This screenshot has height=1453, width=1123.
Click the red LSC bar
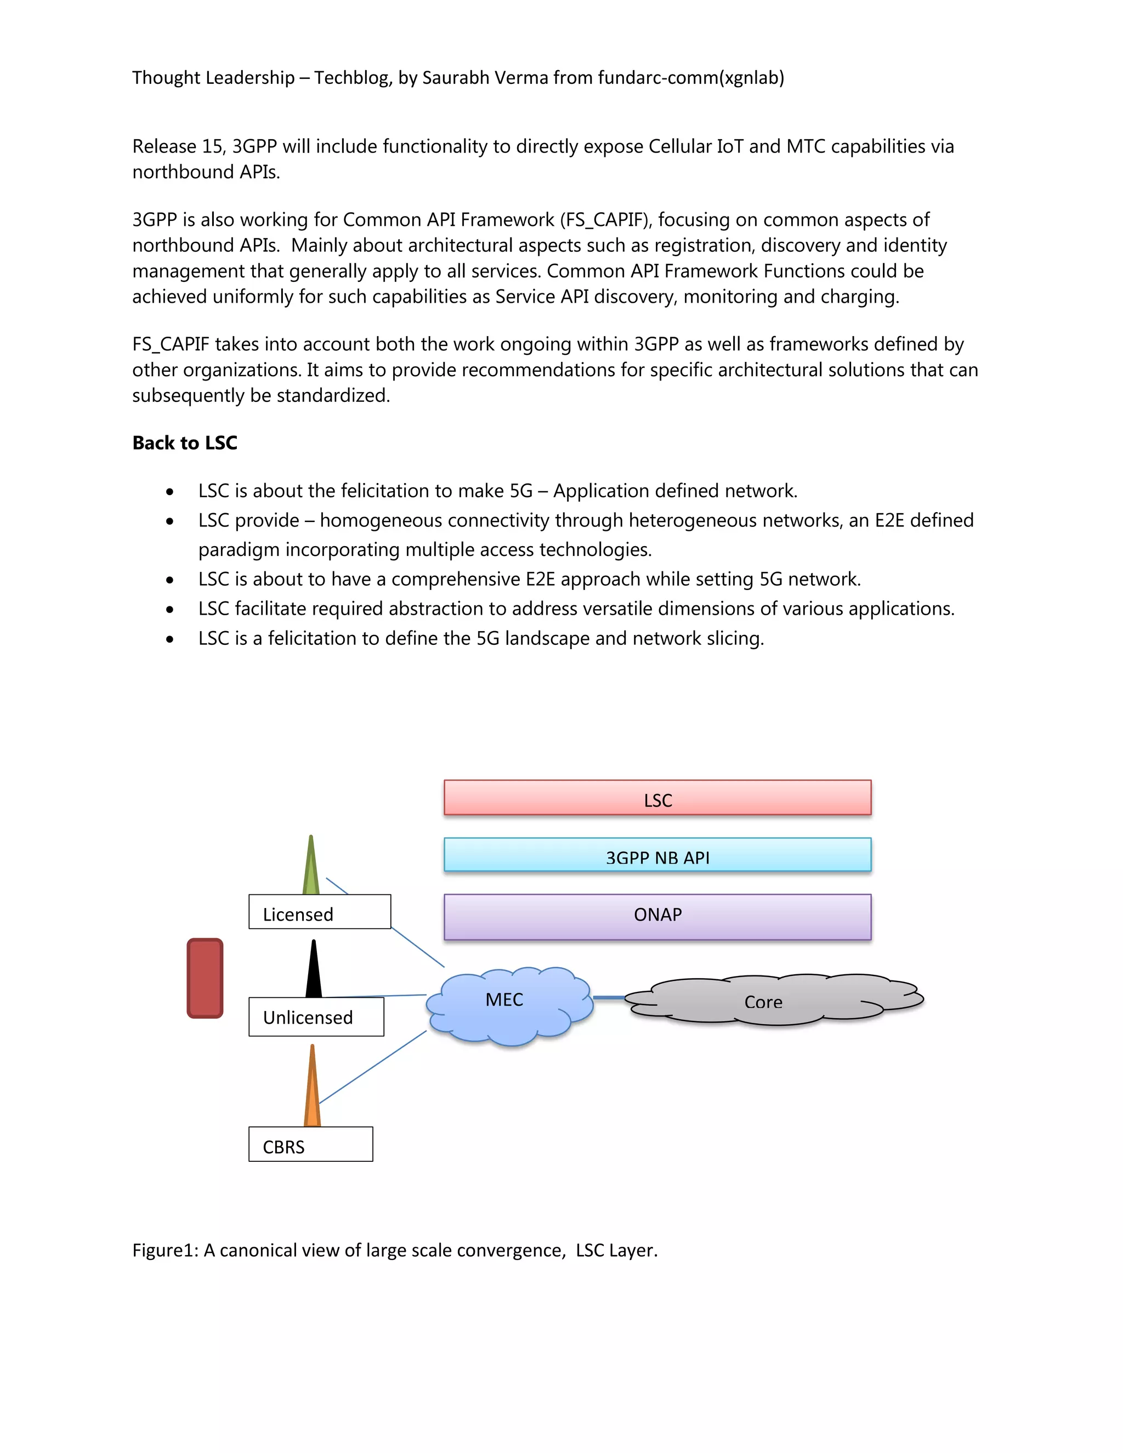click(657, 797)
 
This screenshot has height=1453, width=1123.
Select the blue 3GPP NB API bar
click(657, 855)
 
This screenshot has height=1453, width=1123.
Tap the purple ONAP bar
click(657, 917)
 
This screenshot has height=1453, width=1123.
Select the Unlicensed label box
click(316, 1017)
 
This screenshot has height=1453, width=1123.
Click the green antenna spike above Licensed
click(311, 868)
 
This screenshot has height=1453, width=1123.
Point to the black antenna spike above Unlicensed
click(313, 972)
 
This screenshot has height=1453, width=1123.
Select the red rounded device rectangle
click(205, 978)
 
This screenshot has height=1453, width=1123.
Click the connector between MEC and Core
click(608, 997)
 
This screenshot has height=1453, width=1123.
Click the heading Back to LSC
click(184, 443)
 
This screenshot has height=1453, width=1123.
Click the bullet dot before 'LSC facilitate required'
click(171, 609)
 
